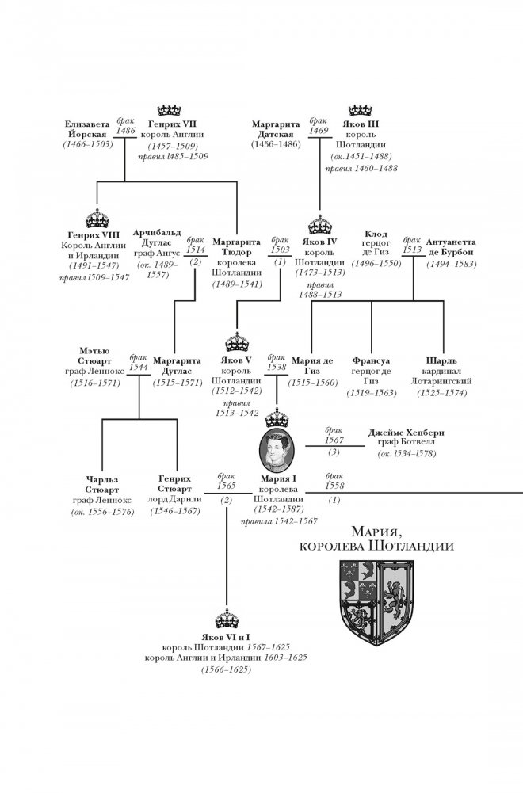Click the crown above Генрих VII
[171, 109]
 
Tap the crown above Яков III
[361, 109]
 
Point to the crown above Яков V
[236, 342]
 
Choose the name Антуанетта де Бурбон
[452, 246]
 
